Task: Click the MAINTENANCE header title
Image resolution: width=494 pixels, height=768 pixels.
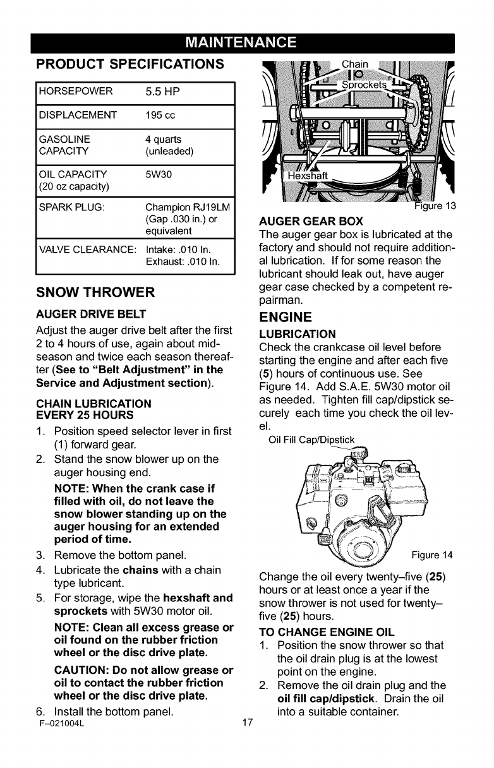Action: click(247, 43)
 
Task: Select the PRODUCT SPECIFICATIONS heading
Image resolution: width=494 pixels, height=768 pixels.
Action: click(130, 64)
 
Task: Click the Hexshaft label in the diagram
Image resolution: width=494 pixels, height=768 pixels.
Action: click(309, 176)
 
